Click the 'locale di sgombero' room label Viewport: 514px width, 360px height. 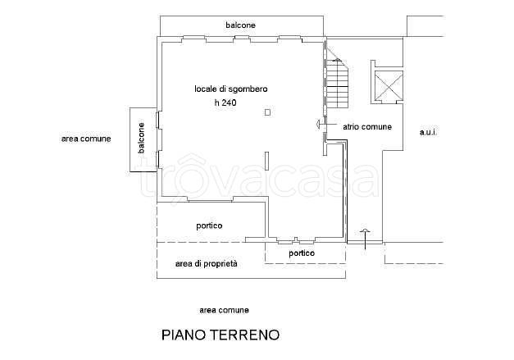[231, 89]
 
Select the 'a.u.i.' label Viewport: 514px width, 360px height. [428, 132]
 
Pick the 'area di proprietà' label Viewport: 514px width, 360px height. [207, 264]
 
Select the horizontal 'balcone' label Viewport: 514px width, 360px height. [241, 25]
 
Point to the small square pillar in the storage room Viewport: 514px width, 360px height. [267, 112]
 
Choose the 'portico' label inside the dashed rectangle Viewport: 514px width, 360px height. [302, 253]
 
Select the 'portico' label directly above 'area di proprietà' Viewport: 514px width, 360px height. [210, 226]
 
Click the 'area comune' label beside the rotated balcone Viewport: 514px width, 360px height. [85, 139]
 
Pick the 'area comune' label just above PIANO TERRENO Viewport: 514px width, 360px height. [224, 310]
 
